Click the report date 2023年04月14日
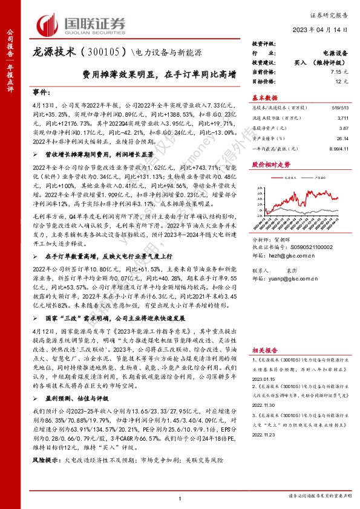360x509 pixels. [x=318, y=29]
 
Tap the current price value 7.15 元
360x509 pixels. [x=339, y=71]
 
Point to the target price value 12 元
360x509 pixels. [x=342, y=80]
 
